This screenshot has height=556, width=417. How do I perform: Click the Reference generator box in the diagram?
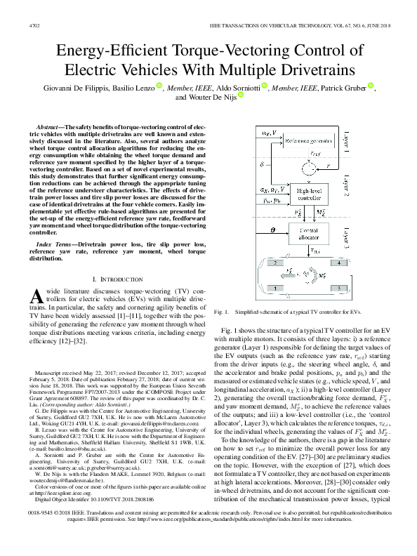click(x=310, y=141)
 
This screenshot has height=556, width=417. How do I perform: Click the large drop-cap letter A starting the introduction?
click(x=39, y=298)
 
